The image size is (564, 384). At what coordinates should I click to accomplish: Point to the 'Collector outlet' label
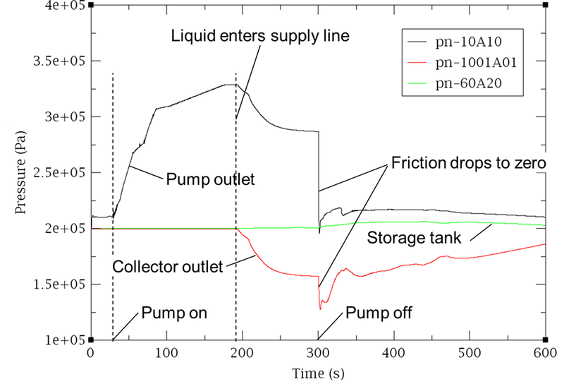tap(167, 267)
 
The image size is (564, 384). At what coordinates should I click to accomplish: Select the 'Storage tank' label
tap(414, 238)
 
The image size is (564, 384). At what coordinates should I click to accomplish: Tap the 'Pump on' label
tap(174, 313)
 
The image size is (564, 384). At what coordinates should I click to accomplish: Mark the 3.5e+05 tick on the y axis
tap(61, 61)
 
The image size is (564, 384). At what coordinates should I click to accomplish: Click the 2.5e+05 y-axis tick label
tap(61, 173)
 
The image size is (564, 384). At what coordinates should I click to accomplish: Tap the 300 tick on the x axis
tap(318, 352)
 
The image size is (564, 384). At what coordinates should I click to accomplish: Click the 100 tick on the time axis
tap(166, 352)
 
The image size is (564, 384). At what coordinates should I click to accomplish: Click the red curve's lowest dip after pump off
tap(321, 309)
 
